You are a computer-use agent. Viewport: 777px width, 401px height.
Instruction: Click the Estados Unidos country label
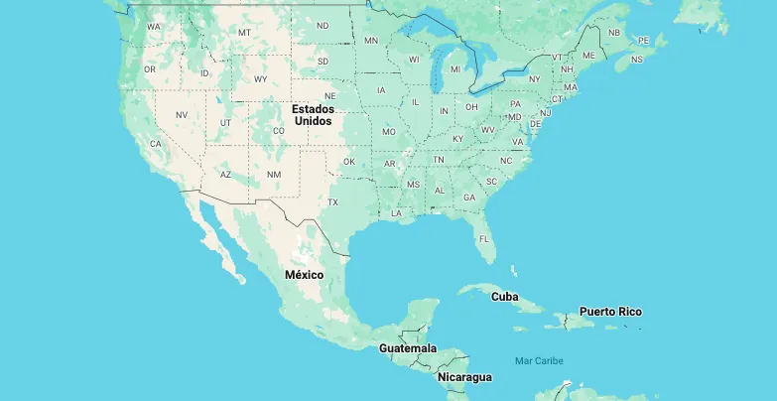tap(312, 113)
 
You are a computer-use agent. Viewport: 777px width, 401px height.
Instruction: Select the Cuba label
tap(505, 296)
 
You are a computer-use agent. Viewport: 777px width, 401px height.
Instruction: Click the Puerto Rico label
tap(610, 312)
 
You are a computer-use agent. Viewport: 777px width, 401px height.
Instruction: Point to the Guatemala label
tap(407, 348)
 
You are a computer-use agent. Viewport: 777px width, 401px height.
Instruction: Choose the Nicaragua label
tap(464, 377)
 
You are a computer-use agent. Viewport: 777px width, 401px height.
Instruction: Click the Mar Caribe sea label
tap(539, 360)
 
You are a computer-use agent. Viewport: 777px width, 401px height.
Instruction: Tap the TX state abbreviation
tap(332, 202)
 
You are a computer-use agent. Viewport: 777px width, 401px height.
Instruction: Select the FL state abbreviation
tap(484, 239)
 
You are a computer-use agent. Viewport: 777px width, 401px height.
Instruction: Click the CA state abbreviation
tap(156, 144)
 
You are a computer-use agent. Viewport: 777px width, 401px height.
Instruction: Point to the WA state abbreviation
tap(154, 27)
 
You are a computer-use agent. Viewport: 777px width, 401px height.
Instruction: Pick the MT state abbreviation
tap(244, 33)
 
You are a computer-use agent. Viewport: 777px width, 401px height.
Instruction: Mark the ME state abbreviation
tap(588, 55)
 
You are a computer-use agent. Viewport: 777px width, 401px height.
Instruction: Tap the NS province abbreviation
tap(636, 60)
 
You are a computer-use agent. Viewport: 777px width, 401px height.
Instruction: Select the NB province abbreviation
tap(613, 33)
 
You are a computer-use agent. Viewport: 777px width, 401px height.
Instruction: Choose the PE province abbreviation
tap(643, 41)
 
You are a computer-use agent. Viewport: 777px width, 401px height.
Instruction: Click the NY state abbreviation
tap(534, 79)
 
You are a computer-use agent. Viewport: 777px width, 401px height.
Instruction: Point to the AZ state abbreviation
tap(225, 174)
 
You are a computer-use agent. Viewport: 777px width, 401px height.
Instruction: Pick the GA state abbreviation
tap(469, 197)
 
